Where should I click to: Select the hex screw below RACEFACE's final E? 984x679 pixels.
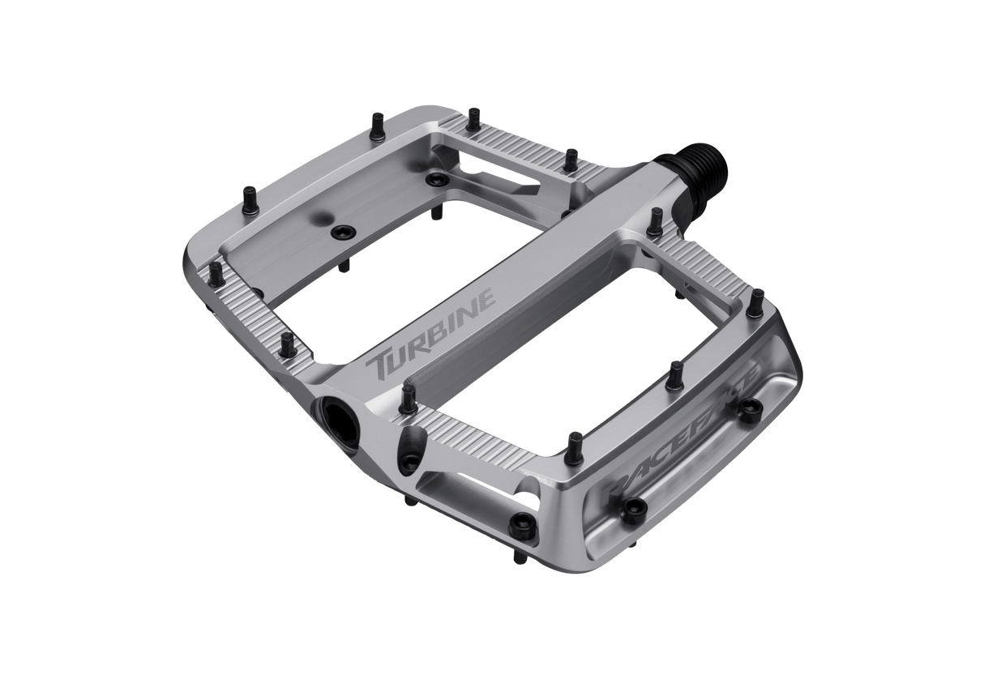pos(757,408)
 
